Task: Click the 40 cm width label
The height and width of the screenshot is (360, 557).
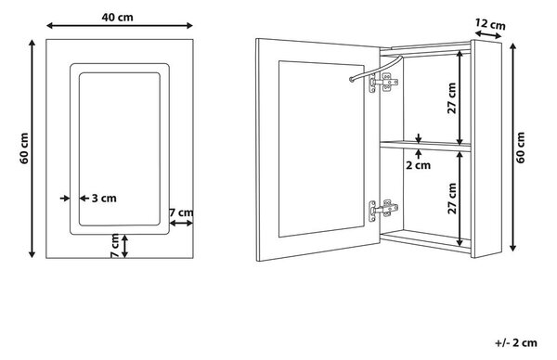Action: click(117, 17)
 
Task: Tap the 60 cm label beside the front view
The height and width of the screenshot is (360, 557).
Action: click(24, 148)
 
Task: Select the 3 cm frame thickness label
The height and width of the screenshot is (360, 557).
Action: click(104, 199)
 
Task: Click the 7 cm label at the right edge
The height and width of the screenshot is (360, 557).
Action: click(181, 212)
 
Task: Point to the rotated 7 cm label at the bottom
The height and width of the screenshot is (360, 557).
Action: click(115, 245)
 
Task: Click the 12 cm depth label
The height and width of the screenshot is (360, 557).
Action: click(490, 24)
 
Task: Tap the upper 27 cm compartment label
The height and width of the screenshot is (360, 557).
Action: click(451, 98)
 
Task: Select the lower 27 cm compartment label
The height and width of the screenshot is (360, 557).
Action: click(452, 199)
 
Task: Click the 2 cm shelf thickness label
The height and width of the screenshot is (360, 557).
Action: click(418, 165)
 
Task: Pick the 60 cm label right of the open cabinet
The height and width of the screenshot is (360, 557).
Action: click(521, 148)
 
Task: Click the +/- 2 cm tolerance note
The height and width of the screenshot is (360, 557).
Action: click(516, 342)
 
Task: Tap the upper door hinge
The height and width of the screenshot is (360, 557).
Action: click(383, 83)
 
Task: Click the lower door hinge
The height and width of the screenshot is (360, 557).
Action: click(382, 210)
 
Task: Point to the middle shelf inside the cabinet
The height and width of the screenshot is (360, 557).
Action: click(425, 146)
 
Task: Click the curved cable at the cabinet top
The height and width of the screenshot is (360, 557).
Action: click(376, 68)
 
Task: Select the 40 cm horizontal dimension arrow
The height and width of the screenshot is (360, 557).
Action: click(120, 26)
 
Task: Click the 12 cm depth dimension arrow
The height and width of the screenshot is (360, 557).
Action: click(488, 34)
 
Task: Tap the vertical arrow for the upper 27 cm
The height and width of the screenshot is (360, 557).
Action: click(460, 97)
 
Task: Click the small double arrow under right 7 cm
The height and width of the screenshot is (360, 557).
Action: click(181, 224)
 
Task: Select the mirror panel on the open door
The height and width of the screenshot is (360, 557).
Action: click(321, 148)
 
